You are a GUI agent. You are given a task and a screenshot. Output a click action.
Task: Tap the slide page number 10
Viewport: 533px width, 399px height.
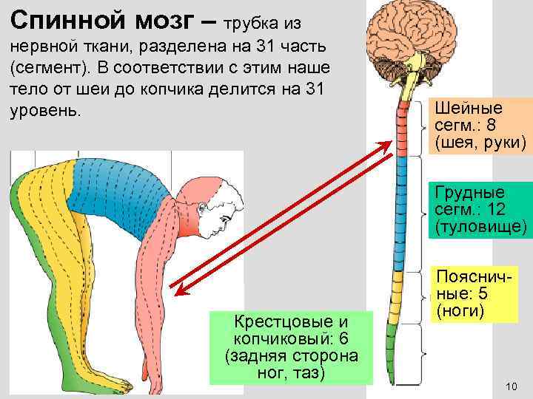[510, 387]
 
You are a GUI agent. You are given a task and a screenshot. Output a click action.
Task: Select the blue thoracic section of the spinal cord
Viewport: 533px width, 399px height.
[404, 214]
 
